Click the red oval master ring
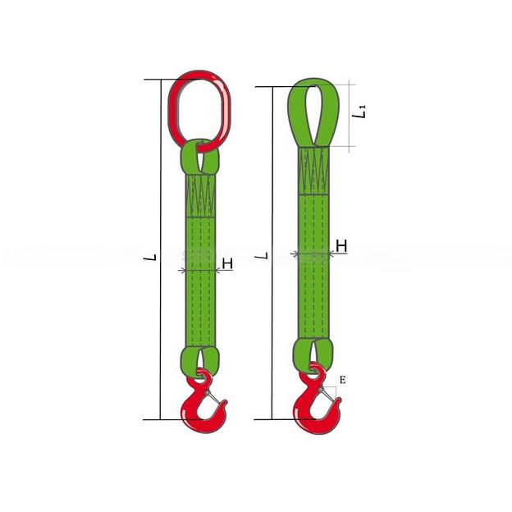click(x=172, y=107)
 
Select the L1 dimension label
click(x=360, y=111)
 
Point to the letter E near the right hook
click(x=342, y=380)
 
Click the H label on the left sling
click(x=227, y=263)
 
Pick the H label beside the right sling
click(x=341, y=246)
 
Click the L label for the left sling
click(x=150, y=258)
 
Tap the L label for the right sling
click(x=262, y=255)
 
